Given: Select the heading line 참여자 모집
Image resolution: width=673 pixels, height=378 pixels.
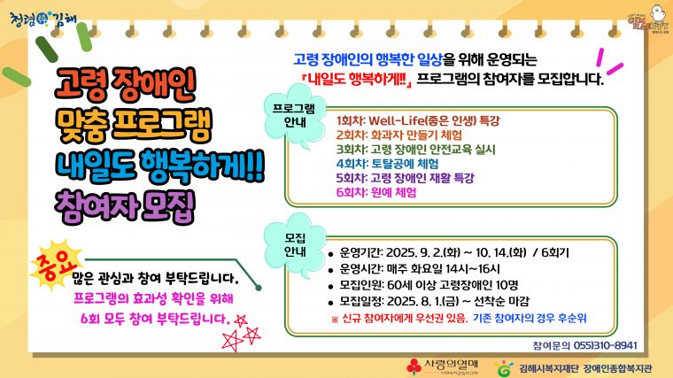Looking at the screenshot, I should click(124, 203).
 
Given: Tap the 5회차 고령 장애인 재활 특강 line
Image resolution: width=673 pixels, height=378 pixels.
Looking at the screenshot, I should click(406, 177).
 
